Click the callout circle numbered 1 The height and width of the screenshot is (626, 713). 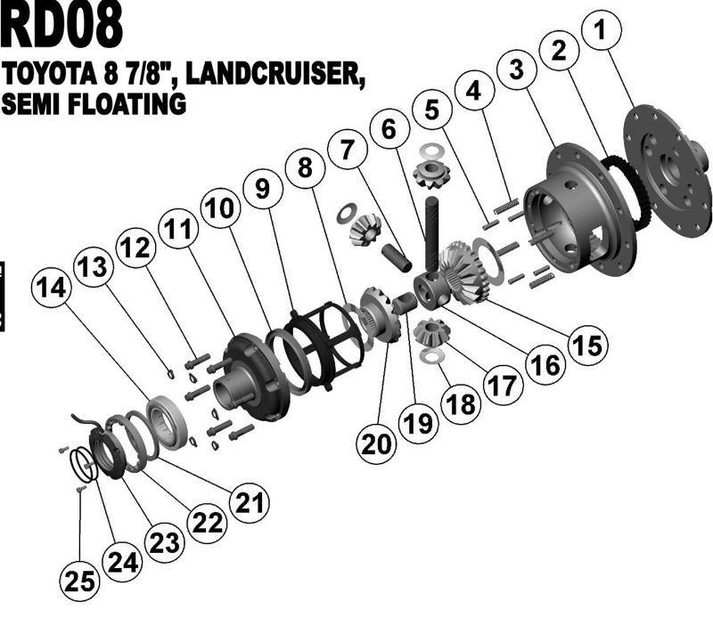(601, 30)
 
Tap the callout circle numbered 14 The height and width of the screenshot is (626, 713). (52, 288)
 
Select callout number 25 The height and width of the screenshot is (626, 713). (79, 581)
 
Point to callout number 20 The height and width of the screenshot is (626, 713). (376, 443)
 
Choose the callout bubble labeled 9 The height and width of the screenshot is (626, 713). (263, 188)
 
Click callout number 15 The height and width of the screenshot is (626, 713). (588, 345)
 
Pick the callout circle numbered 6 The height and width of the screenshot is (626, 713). (389, 129)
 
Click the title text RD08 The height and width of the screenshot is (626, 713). (61, 24)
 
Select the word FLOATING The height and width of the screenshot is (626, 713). (127, 103)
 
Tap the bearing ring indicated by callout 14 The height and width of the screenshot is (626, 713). (167, 422)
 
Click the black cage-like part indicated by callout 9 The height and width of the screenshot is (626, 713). (324, 345)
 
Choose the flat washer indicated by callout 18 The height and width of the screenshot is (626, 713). (431, 356)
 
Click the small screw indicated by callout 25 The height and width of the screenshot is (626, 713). (81, 489)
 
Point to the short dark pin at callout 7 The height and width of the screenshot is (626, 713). (396, 257)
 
